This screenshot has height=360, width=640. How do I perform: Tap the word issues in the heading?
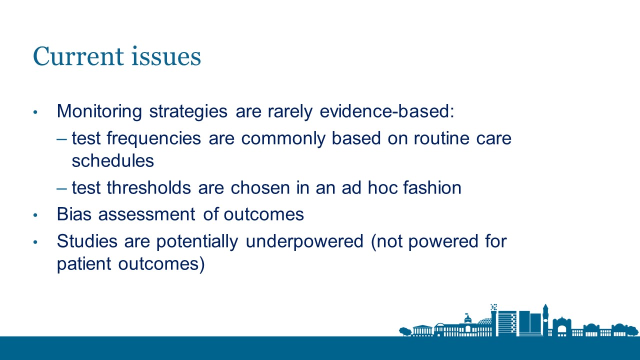(166, 56)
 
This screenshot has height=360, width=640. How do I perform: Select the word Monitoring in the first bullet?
(99, 111)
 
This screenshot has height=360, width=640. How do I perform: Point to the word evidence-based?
(387, 111)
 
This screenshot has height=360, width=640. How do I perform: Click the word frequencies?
(153, 139)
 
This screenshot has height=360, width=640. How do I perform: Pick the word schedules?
(113, 160)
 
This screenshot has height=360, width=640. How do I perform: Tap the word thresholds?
(149, 187)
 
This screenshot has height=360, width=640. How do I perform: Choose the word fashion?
(432, 187)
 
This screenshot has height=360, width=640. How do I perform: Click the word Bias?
(74, 214)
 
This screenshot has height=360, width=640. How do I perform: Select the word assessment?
(147, 214)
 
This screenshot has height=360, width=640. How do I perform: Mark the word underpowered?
(304, 241)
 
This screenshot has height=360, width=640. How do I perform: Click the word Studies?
(87, 241)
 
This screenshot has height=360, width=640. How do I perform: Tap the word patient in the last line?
(84, 263)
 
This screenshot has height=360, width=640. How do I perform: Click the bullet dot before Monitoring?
(35, 112)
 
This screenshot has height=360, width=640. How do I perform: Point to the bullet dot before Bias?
(35, 215)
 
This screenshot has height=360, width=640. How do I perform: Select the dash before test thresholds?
(61, 188)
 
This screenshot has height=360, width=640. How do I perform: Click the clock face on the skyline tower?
(545, 320)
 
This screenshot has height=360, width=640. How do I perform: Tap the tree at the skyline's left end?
(404, 331)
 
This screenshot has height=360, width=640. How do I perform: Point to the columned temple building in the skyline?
(422, 330)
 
